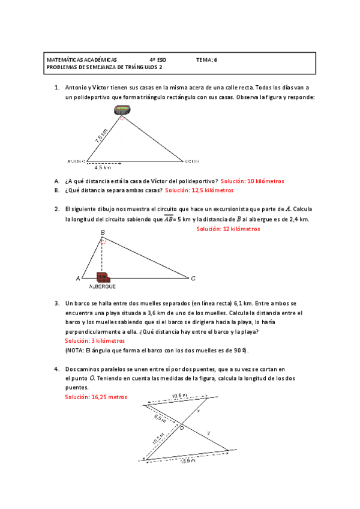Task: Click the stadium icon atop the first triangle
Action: pos(122,110)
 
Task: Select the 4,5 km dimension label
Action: pos(104,167)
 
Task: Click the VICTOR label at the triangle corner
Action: pos(192,161)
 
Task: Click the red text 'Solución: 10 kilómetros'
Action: pos(252,181)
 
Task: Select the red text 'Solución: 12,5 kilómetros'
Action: pos(199,190)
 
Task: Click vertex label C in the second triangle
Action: pos(193,279)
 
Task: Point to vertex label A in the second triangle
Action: pos(77,279)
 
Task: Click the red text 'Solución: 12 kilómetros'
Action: pos(229,229)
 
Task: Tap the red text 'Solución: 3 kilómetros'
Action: pos(94,340)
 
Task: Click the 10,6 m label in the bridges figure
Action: pos(180,396)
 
